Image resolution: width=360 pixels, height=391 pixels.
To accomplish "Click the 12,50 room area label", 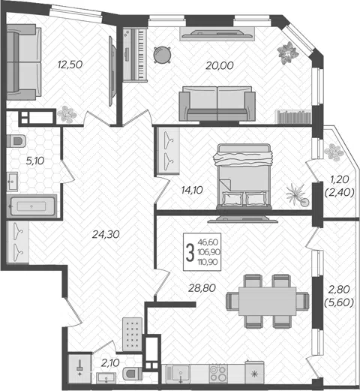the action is click(x=70, y=65).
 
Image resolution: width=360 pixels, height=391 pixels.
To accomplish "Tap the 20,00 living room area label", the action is click(x=220, y=65).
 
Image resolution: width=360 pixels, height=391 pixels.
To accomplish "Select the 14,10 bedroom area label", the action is click(x=192, y=190).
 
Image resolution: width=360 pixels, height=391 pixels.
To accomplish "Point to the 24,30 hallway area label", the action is click(x=106, y=234).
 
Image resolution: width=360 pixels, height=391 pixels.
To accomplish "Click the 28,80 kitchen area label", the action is click(x=202, y=288).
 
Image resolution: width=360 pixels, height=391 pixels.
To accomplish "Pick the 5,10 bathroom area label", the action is click(x=35, y=161).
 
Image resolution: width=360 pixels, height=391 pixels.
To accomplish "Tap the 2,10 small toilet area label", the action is click(x=110, y=362).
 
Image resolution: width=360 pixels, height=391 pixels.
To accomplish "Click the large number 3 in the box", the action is click(x=190, y=252).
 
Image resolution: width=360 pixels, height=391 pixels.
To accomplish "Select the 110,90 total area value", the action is click(x=208, y=262).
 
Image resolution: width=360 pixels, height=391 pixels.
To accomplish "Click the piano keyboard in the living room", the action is click(x=135, y=54).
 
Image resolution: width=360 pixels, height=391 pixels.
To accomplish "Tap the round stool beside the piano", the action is click(x=163, y=55).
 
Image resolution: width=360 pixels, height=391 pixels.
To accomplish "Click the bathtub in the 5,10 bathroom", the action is click(x=32, y=206).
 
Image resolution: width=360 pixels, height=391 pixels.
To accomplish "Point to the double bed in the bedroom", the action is click(x=244, y=176).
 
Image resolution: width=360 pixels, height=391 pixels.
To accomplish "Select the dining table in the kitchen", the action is click(x=267, y=301).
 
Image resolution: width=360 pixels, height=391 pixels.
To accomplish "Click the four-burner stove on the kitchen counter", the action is click(x=218, y=373).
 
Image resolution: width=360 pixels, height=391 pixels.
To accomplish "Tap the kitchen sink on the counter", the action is click(x=178, y=374).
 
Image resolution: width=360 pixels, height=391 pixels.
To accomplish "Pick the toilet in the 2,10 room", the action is click(x=133, y=374).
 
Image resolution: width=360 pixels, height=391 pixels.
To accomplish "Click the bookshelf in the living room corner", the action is click(x=293, y=117).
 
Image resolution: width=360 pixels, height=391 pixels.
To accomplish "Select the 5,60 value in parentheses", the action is click(x=339, y=303).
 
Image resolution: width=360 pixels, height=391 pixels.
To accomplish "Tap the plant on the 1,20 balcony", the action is click(x=334, y=152).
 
